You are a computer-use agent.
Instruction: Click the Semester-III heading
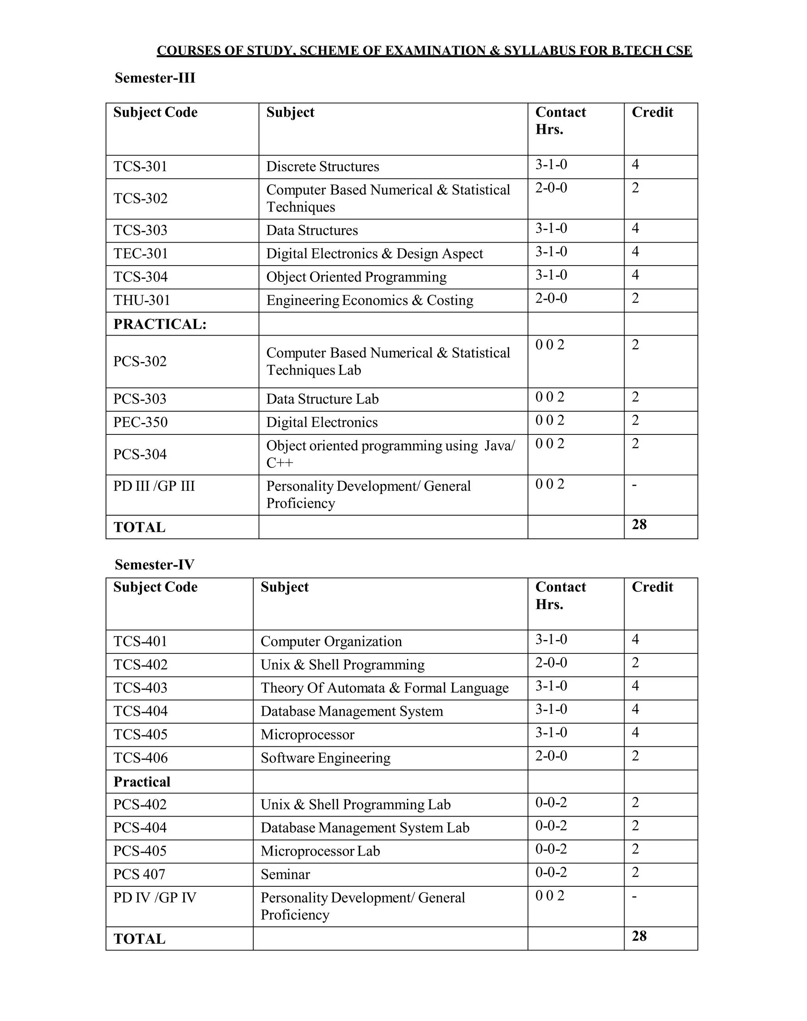154,78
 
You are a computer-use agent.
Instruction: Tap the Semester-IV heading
154,565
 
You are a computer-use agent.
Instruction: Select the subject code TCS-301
140,167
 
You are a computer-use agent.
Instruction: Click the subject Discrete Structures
322,167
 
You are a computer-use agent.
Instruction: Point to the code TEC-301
141,254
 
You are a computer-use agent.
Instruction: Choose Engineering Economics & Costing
370,300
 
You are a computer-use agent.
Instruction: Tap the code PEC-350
140,422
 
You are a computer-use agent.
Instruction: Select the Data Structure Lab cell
322,399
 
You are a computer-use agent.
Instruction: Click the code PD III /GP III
154,486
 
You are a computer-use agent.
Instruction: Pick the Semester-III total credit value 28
639,525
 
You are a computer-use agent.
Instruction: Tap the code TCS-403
140,688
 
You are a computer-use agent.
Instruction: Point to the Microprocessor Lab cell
320,851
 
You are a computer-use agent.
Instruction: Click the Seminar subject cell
285,874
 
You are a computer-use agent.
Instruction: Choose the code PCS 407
139,874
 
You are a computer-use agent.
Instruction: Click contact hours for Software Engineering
551,756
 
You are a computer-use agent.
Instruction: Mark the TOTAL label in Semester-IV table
139,939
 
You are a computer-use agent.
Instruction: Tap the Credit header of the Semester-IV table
652,587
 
